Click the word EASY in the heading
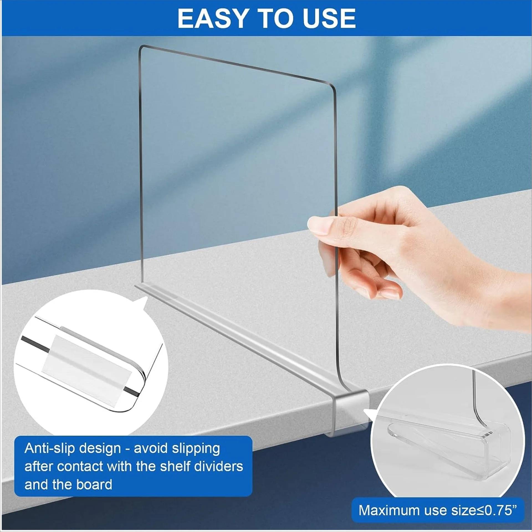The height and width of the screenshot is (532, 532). click(213, 18)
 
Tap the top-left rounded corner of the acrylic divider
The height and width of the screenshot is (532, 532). click(142, 49)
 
